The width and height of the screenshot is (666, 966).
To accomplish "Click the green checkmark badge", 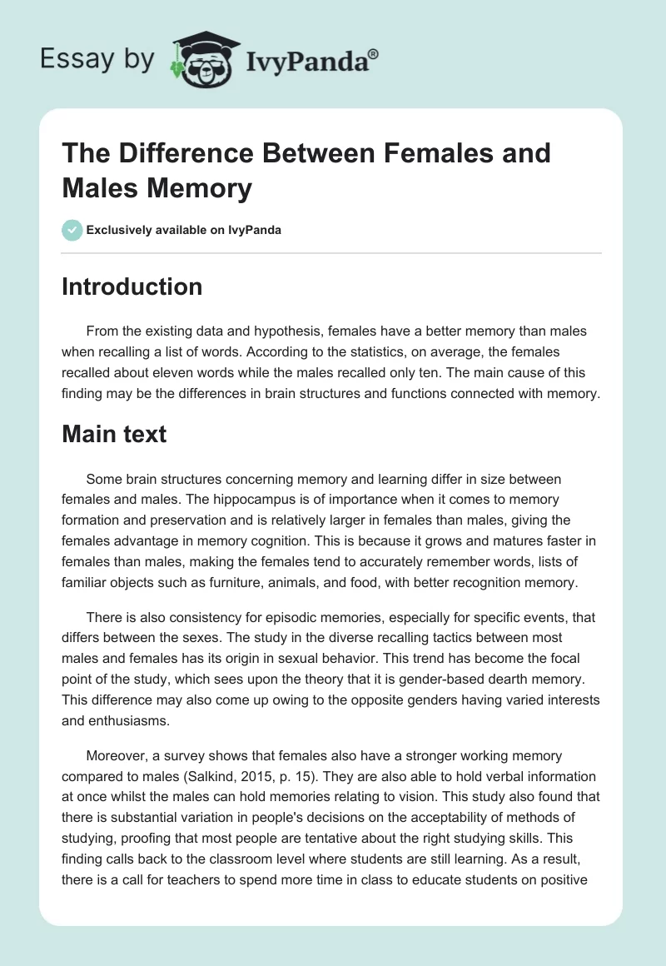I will tap(72, 230).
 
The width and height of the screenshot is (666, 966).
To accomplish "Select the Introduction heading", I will tap(132, 286).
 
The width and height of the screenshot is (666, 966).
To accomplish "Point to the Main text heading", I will tap(114, 434).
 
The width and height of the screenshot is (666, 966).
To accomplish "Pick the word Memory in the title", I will tap(202, 189).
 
